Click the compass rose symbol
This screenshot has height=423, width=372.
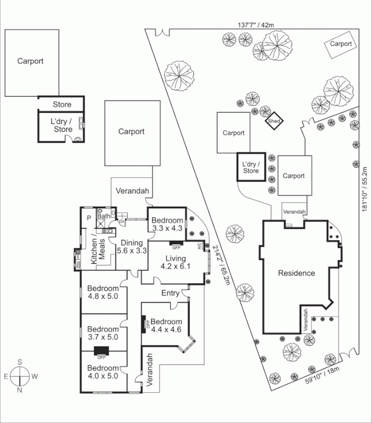[x=20, y=376]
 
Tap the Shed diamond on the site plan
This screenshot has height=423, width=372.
[x=274, y=121]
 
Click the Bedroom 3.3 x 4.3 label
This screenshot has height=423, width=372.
[x=166, y=224]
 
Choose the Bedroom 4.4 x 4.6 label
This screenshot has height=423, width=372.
[x=166, y=326]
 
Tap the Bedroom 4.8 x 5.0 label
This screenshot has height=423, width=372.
[x=104, y=292]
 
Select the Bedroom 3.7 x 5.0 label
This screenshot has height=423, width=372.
[x=103, y=332]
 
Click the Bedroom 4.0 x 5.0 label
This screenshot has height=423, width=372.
[x=103, y=372]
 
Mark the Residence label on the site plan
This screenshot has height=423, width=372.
[x=296, y=273]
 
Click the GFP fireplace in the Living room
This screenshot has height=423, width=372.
[x=176, y=246]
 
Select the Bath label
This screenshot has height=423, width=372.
[x=103, y=216]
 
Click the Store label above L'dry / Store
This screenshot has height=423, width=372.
[x=61, y=105]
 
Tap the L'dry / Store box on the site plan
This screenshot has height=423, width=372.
[x=250, y=168]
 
